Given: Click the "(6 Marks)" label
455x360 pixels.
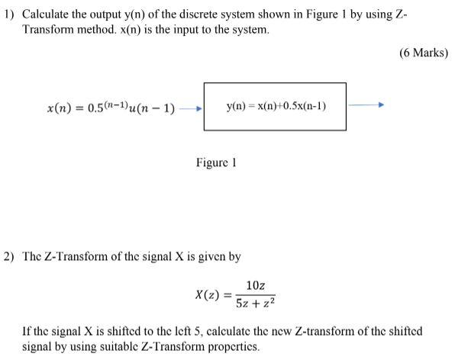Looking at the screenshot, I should (423, 53).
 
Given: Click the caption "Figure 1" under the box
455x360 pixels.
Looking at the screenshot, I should (215, 163).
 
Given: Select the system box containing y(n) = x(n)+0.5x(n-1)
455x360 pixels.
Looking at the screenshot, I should (274, 107).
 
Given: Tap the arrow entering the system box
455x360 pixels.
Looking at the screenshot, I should (189, 108).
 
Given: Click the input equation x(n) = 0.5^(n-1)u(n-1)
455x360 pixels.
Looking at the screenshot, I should (111, 108).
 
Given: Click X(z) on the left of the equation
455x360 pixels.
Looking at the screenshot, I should (208, 294).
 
